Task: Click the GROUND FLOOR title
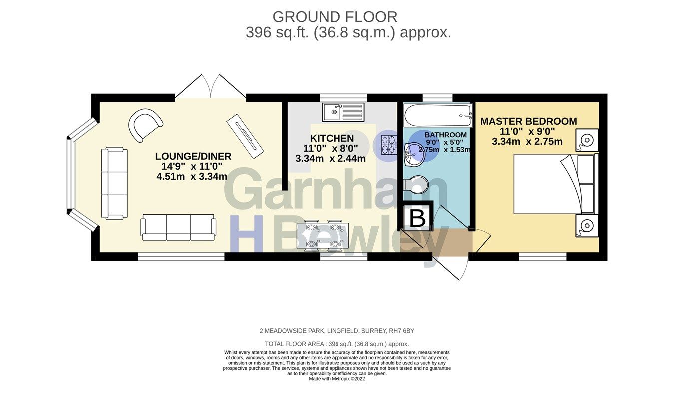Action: pyautogui.click(x=335, y=17)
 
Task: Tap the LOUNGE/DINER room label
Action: pyautogui.click(x=193, y=156)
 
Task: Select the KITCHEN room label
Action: pyautogui.click(x=332, y=138)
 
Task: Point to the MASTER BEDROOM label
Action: pyautogui.click(x=528, y=121)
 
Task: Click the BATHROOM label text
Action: pyautogui.click(x=446, y=135)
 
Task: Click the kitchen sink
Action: pyautogui.click(x=343, y=112)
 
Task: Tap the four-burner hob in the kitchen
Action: pyautogui.click(x=389, y=144)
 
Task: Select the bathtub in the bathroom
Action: pyautogui.click(x=438, y=115)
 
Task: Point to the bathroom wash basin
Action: pyautogui.click(x=413, y=155)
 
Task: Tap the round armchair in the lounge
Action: pyautogui.click(x=145, y=124)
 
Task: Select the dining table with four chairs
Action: pyautogui.click(x=323, y=235)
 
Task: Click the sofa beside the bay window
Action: pyautogui.click(x=114, y=183)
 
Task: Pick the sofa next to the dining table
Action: pyautogui.click(x=178, y=227)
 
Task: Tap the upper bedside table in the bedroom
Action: pyautogui.click(x=587, y=140)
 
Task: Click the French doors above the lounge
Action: pyautogui.click(x=211, y=86)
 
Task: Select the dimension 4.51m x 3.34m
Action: pyautogui.click(x=192, y=176)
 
